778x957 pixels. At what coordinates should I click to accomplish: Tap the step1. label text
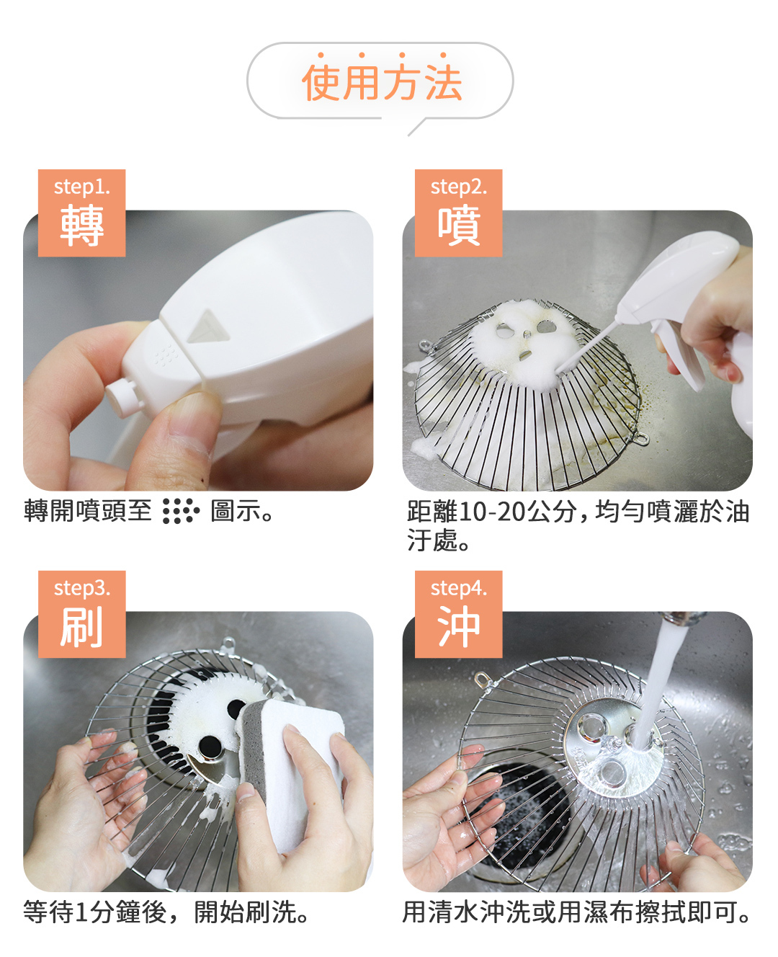81,187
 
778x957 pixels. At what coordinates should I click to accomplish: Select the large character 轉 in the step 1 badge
81,225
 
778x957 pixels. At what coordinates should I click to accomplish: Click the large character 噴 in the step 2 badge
459,225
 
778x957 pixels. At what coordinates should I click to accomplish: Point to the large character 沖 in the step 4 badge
459,626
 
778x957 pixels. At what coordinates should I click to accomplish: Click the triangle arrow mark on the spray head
209,326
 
